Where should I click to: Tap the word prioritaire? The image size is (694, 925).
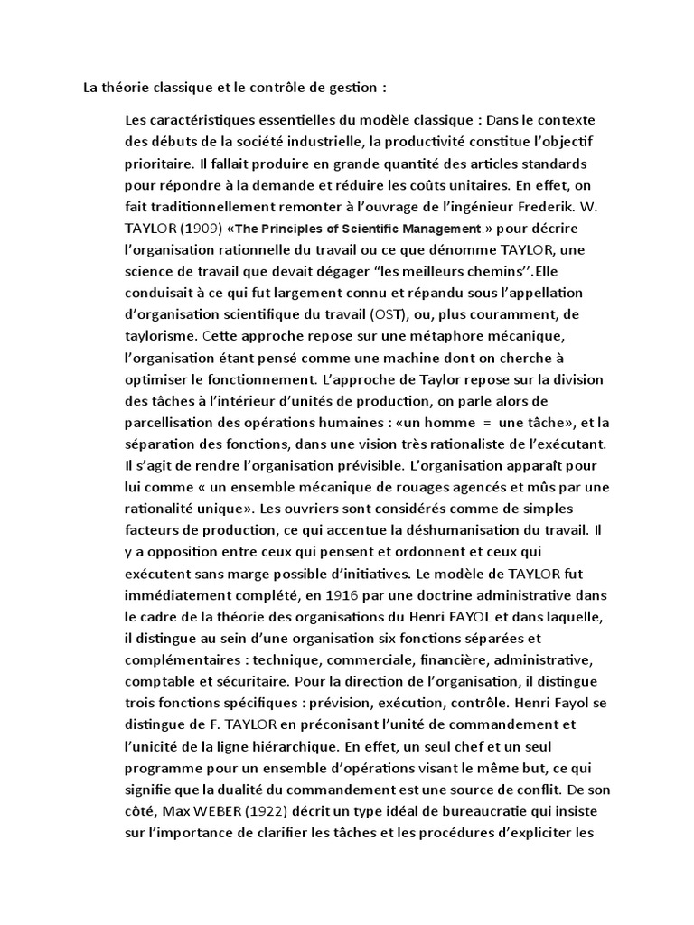[x=160, y=164]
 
